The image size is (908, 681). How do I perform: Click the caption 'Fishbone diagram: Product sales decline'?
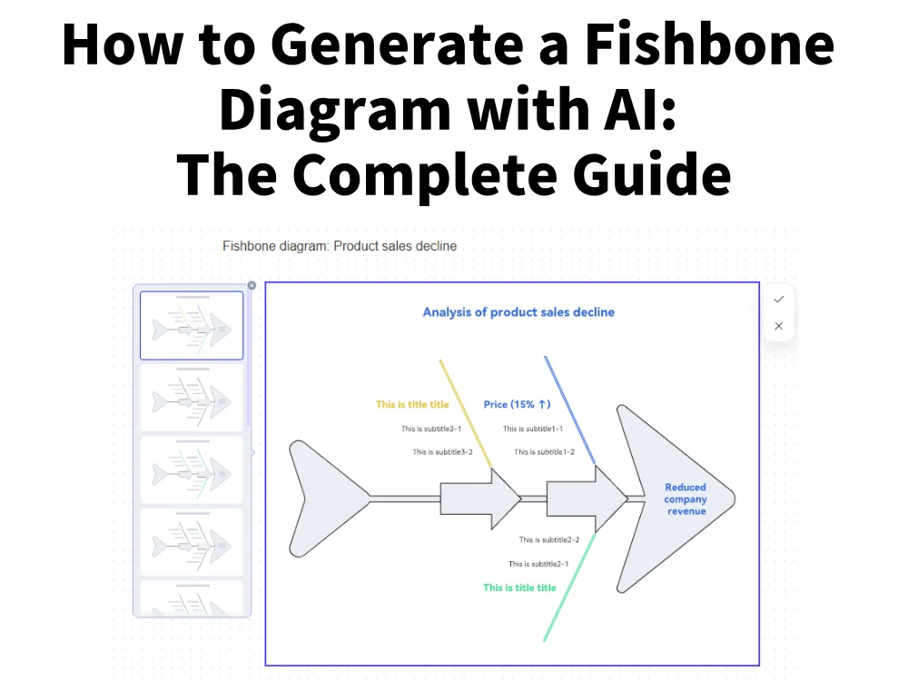tap(340, 246)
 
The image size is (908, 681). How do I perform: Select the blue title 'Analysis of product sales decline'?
tap(518, 312)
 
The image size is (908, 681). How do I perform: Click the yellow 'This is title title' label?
tap(412, 405)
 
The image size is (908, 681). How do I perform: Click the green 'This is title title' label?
tap(519, 587)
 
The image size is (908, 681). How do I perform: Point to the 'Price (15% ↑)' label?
tap(517, 405)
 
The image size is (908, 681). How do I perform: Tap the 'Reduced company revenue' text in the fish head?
tap(686, 499)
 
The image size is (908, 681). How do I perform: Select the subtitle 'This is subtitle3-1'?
tap(431, 429)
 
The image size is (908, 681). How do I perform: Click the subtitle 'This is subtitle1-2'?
tap(544, 452)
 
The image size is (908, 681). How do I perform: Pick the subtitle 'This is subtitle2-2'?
tap(549, 540)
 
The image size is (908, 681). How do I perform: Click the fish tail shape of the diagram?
tap(322, 498)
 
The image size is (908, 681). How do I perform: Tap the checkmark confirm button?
tap(778, 299)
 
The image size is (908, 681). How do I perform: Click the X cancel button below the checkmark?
tap(778, 326)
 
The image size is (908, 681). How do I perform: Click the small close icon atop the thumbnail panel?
tap(252, 285)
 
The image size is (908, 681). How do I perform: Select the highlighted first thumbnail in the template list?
tap(192, 326)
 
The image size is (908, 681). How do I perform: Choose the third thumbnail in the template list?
tap(192, 470)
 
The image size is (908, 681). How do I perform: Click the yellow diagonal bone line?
tap(466, 413)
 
